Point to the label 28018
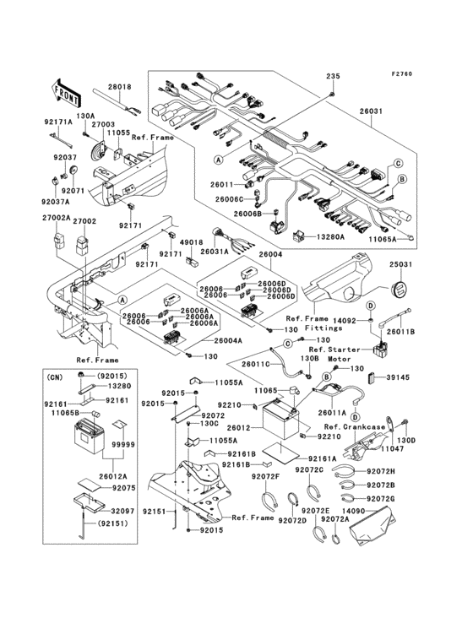119,87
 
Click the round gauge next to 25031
400,288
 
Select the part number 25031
400,265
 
